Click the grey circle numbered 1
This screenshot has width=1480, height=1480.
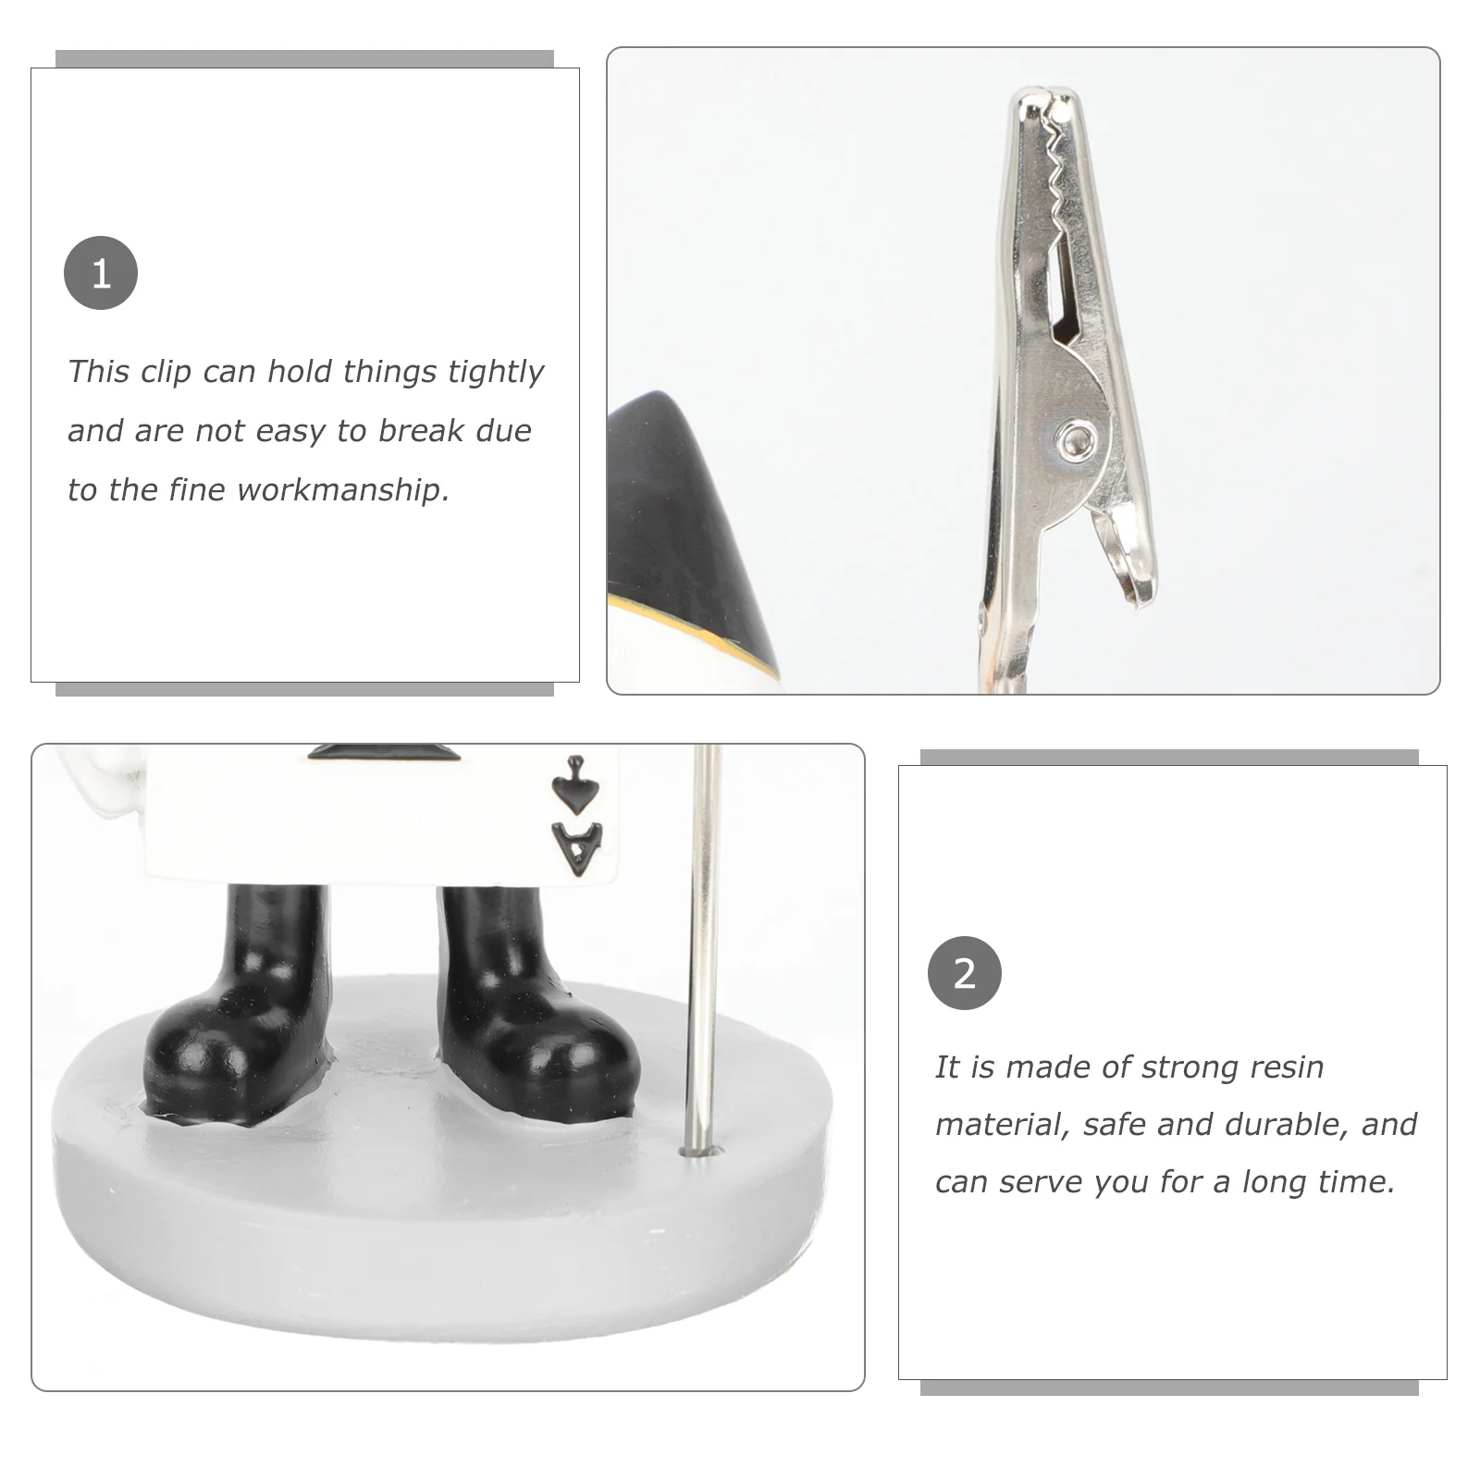[101, 273]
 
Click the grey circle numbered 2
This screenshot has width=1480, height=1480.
[964, 973]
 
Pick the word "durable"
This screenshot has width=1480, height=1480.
[1288, 1124]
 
